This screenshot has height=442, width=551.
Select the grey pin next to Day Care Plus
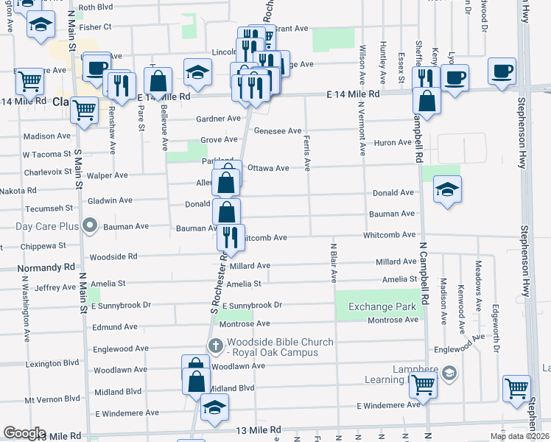[90, 224]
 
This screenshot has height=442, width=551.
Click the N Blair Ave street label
[333, 263]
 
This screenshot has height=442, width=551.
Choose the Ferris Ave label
[306, 152]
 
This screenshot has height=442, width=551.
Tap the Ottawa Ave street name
[268, 168]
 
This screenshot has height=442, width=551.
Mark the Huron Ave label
[393, 143]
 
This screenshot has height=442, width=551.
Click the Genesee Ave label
[278, 131]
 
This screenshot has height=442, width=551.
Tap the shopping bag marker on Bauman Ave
[227, 212]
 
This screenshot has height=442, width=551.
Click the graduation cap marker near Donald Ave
[446, 190]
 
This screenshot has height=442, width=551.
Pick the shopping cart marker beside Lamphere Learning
[422, 383]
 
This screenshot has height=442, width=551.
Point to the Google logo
[24, 433]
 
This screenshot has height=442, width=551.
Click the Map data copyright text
[519, 436]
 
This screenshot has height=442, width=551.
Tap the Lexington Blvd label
[52, 363]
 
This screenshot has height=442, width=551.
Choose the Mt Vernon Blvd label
[52, 399]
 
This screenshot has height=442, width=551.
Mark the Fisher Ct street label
[95, 27]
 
